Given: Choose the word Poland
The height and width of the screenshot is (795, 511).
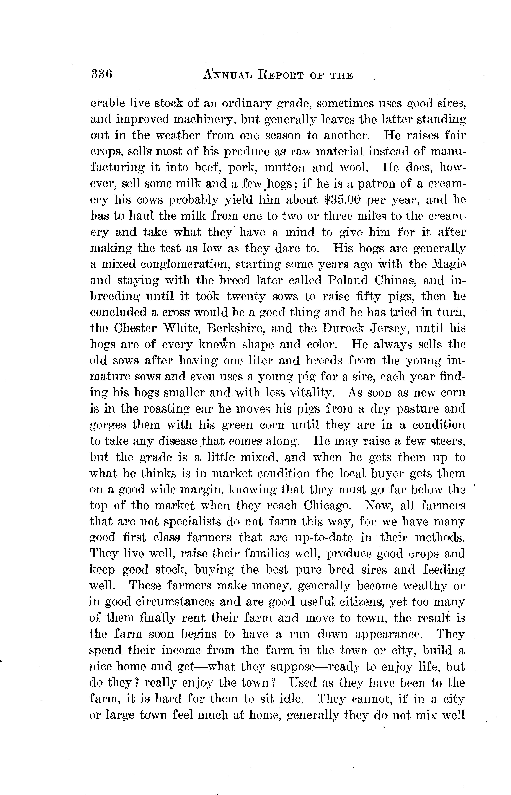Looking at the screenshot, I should pos(348,280).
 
